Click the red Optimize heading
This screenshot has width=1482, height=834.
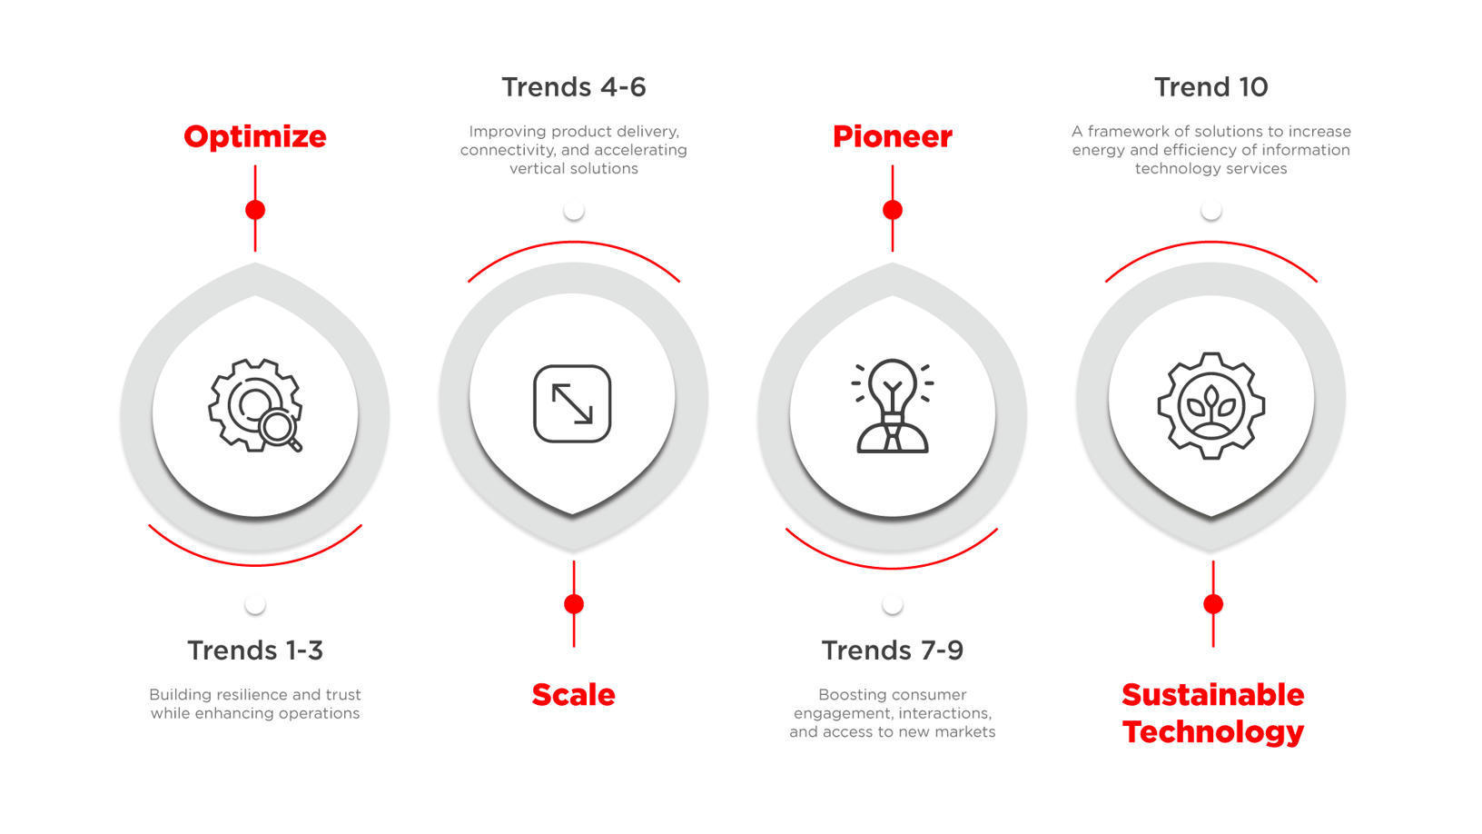[x=255, y=136]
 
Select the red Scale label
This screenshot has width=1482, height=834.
[x=573, y=695]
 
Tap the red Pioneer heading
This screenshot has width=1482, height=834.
[x=892, y=136]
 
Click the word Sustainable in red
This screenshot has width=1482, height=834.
[x=1212, y=695]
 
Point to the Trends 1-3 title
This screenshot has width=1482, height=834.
[x=255, y=650]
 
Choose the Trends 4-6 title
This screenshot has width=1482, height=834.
[x=573, y=87]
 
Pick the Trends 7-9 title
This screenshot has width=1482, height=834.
[x=892, y=650]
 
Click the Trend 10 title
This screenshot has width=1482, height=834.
[x=1210, y=87]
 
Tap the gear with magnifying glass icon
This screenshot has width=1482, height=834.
[x=255, y=405]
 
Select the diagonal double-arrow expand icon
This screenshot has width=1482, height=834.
[x=572, y=403]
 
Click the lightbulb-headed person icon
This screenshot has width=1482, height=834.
[x=892, y=405]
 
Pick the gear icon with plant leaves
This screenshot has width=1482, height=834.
[x=1210, y=405]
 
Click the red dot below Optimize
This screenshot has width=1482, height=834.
[x=255, y=210]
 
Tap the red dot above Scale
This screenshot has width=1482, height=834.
[x=574, y=604]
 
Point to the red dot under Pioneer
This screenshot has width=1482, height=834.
[x=893, y=210]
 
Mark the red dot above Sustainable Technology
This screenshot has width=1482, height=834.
[x=1213, y=604]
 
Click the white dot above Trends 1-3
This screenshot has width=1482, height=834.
[x=255, y=604]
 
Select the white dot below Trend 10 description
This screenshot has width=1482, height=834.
[x=1210, y=210]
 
